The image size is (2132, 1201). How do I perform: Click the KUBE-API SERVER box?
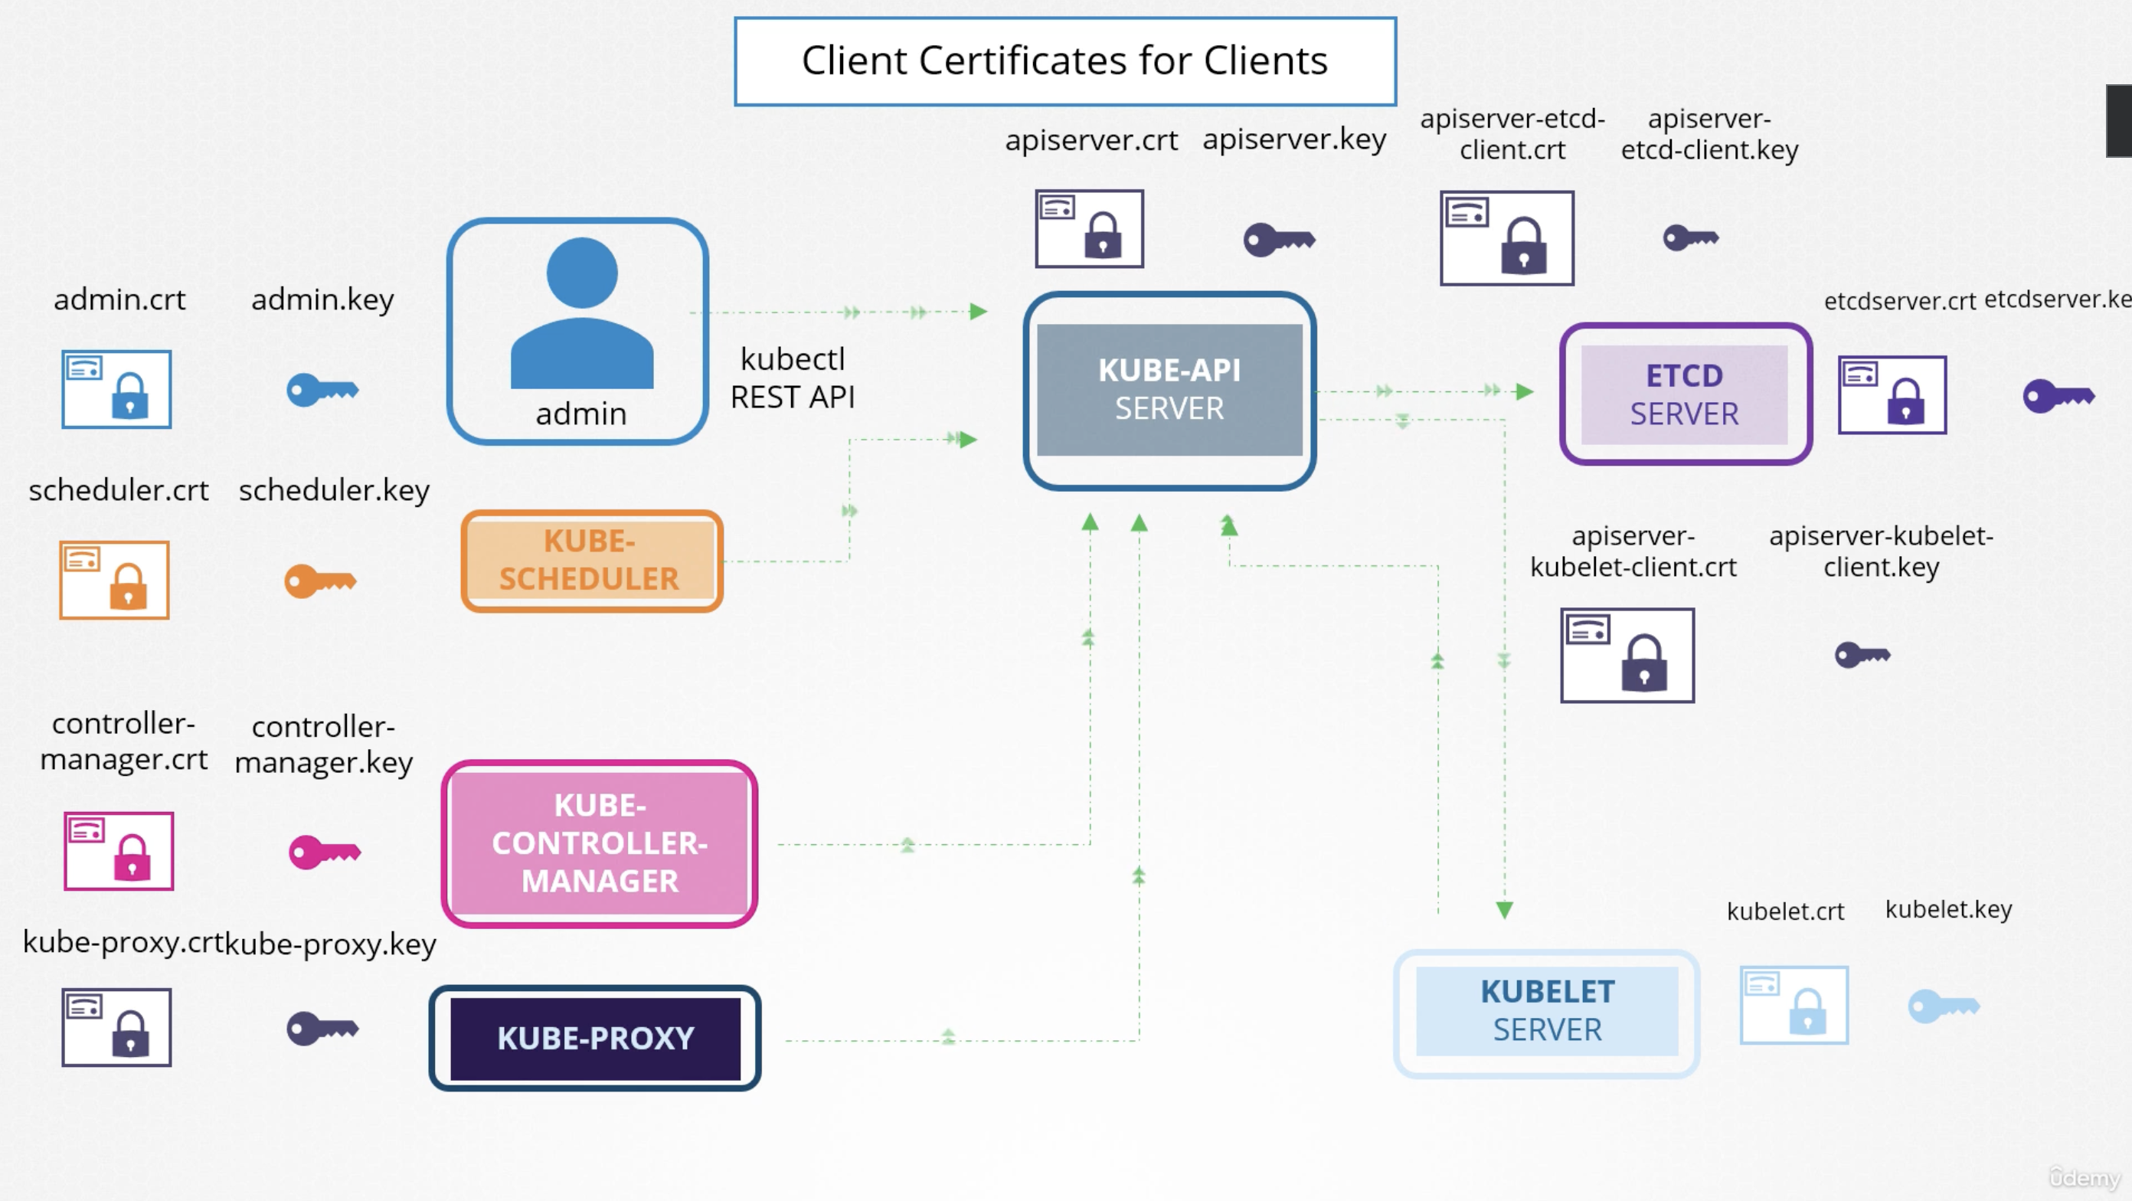pos(1169,390)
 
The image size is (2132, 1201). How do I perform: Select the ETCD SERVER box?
pos(1684,394)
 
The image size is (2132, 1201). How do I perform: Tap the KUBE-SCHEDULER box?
pos(590,561)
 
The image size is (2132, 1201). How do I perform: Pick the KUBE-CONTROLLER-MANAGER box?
pos(599,843)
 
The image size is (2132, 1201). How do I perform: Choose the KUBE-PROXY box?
pos(595,1038)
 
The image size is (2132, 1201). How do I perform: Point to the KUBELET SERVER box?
pos(1546,1012)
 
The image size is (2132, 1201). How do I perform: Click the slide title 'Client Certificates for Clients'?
pos(1064,61)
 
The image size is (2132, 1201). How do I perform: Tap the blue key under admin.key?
pos(322,390)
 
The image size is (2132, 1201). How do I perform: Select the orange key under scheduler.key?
pos(320,581)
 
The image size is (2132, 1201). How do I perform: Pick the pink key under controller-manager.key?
pos(325,851)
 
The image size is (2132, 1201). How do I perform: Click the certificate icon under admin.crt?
pos(116,389)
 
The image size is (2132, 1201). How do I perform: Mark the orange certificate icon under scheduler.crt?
pos(114,579)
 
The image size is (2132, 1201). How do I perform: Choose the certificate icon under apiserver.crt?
pos(1089,228)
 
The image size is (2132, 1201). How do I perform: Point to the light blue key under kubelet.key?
pos(1944,1006)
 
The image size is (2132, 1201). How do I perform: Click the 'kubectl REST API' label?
pos(792,378)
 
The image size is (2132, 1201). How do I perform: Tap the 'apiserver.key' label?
pos(1293,139)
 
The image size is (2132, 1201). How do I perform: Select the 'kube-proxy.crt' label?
pos(123,942)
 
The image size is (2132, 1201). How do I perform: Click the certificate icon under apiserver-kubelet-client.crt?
pos(1627,655)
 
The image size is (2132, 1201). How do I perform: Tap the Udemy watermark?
pos(2083,1176)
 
